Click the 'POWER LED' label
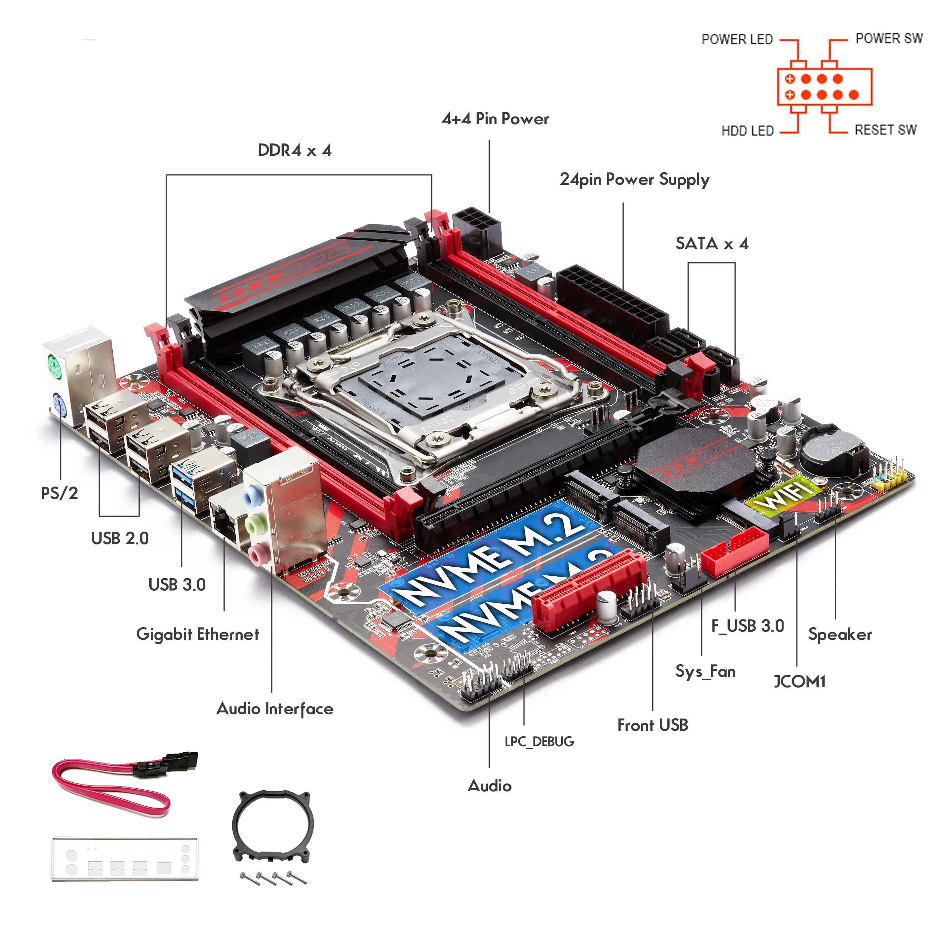pyautogui.click(x=737, y=39)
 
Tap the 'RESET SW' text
pyautogui.click(x=885, y=130)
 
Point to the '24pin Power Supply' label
pyautogui.click(x=634, y=180)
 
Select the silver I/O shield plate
pyautogui.click(x=125, y=859)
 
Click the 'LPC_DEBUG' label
pyautogui.click(x=539, y=741)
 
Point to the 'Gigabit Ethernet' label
pyautogui.click(x=198, y=634)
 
